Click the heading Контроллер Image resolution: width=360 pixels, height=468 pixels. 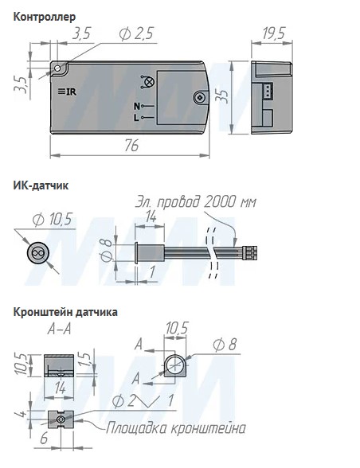(x=45, y=17)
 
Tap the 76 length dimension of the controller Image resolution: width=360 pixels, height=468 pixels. (x=131, y=146)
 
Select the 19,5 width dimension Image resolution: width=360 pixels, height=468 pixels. (x=274, y=33)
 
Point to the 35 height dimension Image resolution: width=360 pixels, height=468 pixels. (x=224, y=96)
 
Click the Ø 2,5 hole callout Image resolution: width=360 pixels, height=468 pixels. (x=136, y=33)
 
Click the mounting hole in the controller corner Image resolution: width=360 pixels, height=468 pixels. (x=57, y=68)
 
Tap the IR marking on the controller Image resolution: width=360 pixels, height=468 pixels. (x=68, y=92)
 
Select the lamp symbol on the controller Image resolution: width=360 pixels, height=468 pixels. (x=147, y=82)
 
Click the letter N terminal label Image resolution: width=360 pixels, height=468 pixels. (x=137, y=107)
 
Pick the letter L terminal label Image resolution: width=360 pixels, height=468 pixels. (x=136, y=118)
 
